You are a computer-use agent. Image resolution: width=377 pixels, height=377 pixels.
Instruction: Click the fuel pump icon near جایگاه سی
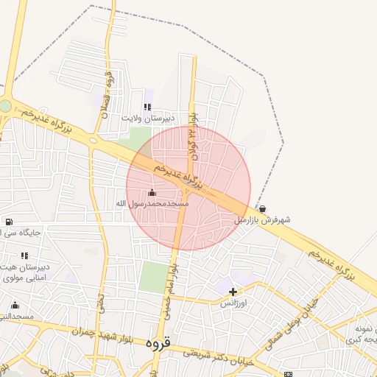tap(8, 222)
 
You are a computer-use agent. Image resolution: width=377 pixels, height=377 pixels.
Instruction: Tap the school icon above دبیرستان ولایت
tap(148, 107)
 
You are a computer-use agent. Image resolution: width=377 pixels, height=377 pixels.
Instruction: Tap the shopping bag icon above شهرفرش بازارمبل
tap(263, 209)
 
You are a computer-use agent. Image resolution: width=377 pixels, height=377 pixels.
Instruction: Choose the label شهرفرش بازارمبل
tap(263, 219)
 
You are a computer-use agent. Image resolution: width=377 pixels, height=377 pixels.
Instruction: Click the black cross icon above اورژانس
tap(233, 292)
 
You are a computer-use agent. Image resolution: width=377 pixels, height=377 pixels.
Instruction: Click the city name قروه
tap(158, 343)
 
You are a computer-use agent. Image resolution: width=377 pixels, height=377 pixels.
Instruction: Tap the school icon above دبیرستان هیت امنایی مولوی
tap(24, 256)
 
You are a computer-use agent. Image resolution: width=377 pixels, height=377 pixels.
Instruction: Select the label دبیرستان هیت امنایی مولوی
tap(25, 272)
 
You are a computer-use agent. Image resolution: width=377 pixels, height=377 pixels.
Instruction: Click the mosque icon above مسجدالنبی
tap(15, 306)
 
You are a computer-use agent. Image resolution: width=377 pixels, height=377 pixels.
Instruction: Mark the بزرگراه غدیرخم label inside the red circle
tap(179, 177)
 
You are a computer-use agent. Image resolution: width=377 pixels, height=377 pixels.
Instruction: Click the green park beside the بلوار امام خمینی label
tap(153, 277)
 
